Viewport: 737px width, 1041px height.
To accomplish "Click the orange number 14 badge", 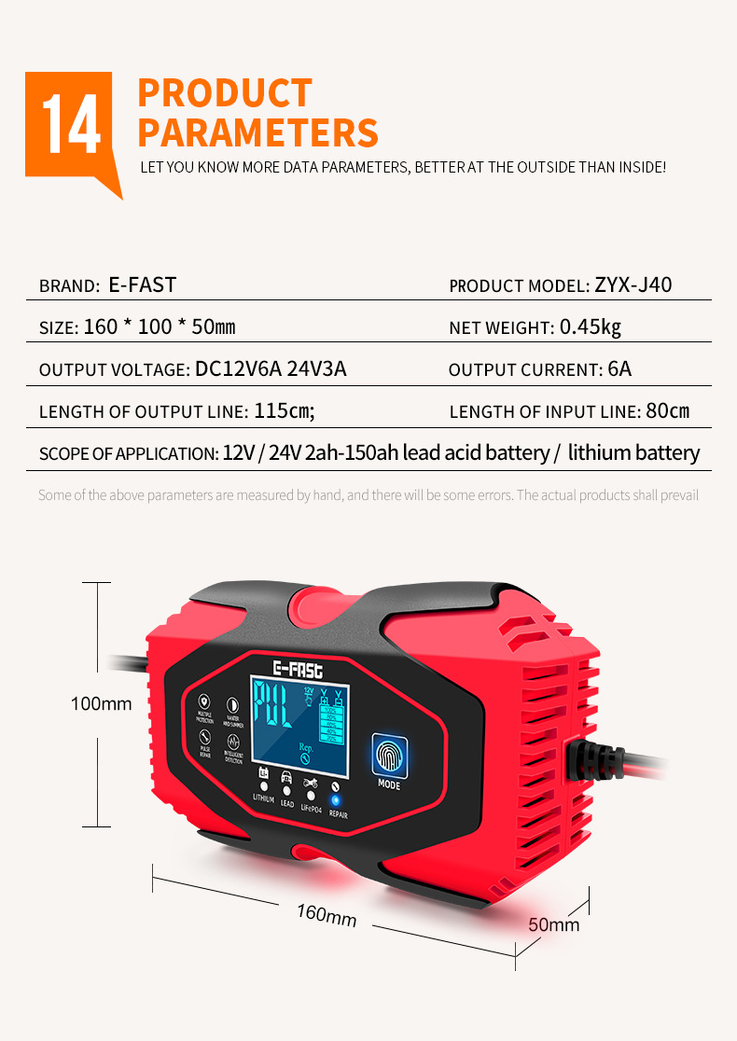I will point(71,126).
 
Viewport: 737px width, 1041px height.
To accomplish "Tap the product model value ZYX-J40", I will point(633,285).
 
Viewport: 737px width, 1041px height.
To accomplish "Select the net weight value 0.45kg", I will point(590,326).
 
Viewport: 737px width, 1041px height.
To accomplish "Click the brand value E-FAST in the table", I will point(142,285).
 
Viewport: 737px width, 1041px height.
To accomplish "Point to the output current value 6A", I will point(619,369).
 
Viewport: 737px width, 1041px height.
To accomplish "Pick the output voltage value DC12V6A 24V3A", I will point(271,369).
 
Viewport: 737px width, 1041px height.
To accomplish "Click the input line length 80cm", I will point(667,411).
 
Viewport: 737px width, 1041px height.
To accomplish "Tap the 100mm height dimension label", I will point(102,703).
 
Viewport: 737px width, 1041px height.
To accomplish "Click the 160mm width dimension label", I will point(327,914).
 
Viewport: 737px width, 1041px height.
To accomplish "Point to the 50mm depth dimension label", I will point(554,924).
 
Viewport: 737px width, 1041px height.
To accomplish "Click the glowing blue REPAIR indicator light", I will point(337,799).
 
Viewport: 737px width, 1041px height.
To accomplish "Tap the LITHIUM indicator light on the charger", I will point(264,787).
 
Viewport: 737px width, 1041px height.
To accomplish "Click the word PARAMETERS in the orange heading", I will point(257,132).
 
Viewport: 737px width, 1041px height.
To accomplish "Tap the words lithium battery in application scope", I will point(633,453).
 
